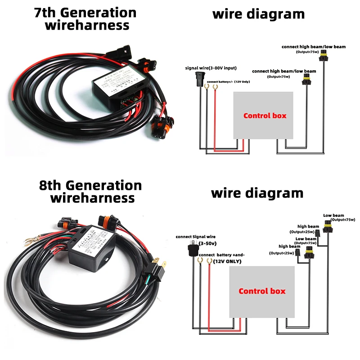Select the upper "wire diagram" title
(x=258, y=14)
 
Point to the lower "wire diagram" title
(x=257, y=193)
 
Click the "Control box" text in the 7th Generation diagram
(x=265, y=116)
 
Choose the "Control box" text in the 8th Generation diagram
(x=262, y=291)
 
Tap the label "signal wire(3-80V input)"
(x=211, y=68)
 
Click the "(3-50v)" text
(x=208, y=243)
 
